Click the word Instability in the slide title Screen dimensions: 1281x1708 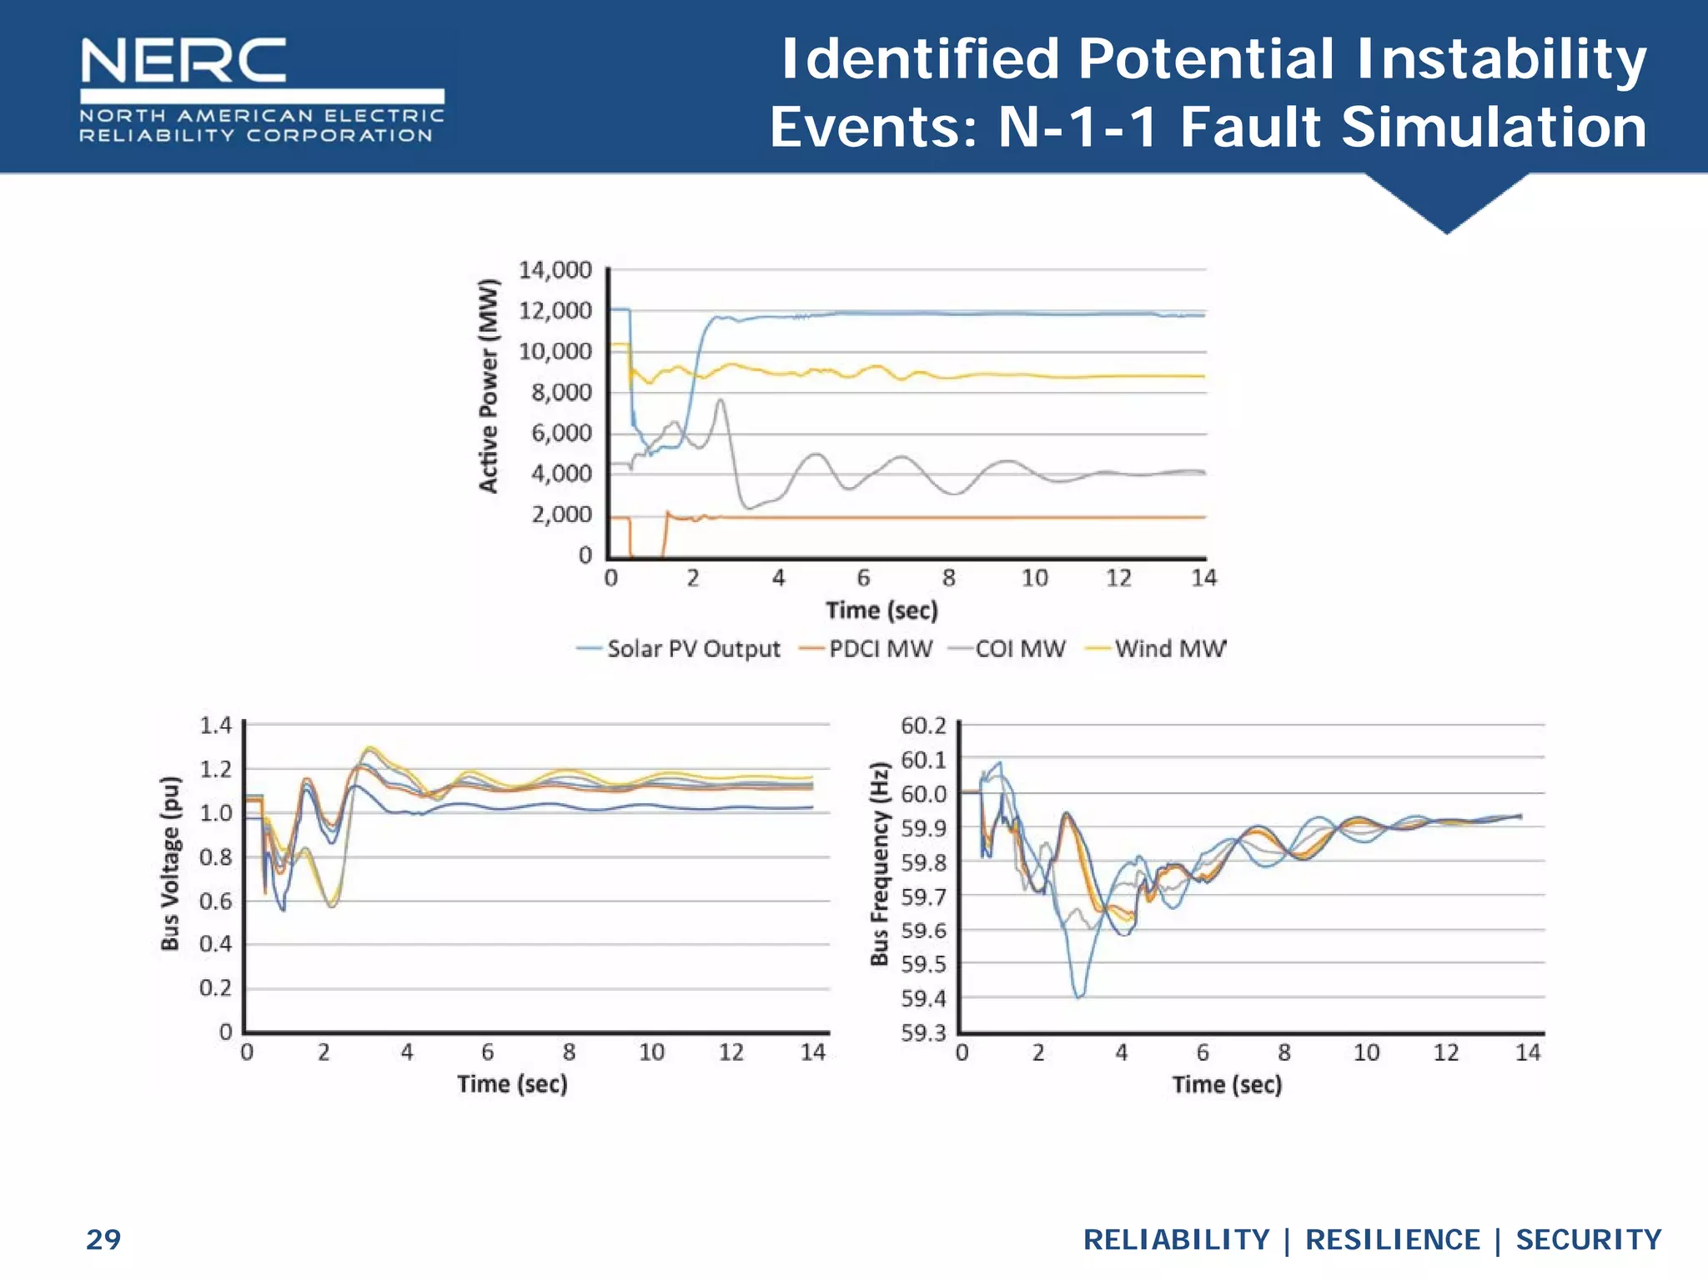pos(1501,60)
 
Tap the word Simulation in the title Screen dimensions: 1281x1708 pos(1494,127)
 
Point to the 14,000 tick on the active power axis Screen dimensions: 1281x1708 pos(555,270)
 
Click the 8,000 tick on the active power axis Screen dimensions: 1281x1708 pos(561,392)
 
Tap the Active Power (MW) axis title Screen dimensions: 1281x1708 pos(489,385)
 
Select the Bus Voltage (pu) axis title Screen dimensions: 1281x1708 pos(171,863)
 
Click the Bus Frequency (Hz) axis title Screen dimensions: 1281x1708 pos(879,863)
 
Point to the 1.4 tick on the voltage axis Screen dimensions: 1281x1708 pos(215,726)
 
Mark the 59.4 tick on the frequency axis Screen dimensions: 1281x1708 pos(923,998)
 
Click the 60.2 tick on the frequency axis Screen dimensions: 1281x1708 pos(923,726)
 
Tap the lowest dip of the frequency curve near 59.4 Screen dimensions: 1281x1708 pos(1079,996)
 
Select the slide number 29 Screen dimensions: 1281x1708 pos(103,1239)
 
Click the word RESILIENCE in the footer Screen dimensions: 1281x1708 pos(1392,1239)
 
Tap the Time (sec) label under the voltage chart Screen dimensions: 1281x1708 pos(512,1084)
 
